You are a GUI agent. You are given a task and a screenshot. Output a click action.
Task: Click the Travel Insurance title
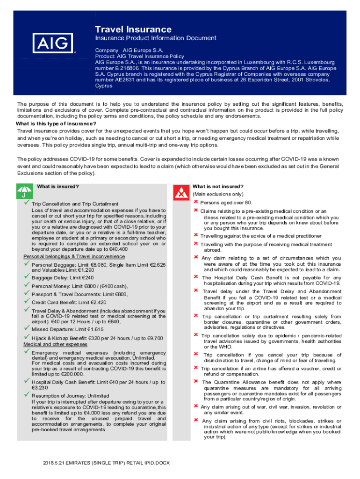click(133, 29)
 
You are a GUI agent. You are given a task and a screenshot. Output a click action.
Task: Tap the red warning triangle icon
click(180, 192)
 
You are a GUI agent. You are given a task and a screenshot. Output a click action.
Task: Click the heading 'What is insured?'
click(58, 187)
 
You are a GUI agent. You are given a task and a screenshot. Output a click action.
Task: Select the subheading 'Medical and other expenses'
click(55, 344)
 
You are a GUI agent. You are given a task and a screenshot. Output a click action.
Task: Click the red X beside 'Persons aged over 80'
click(196, 202)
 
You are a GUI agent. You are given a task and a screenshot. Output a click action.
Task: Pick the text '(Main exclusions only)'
click(217, 194)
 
